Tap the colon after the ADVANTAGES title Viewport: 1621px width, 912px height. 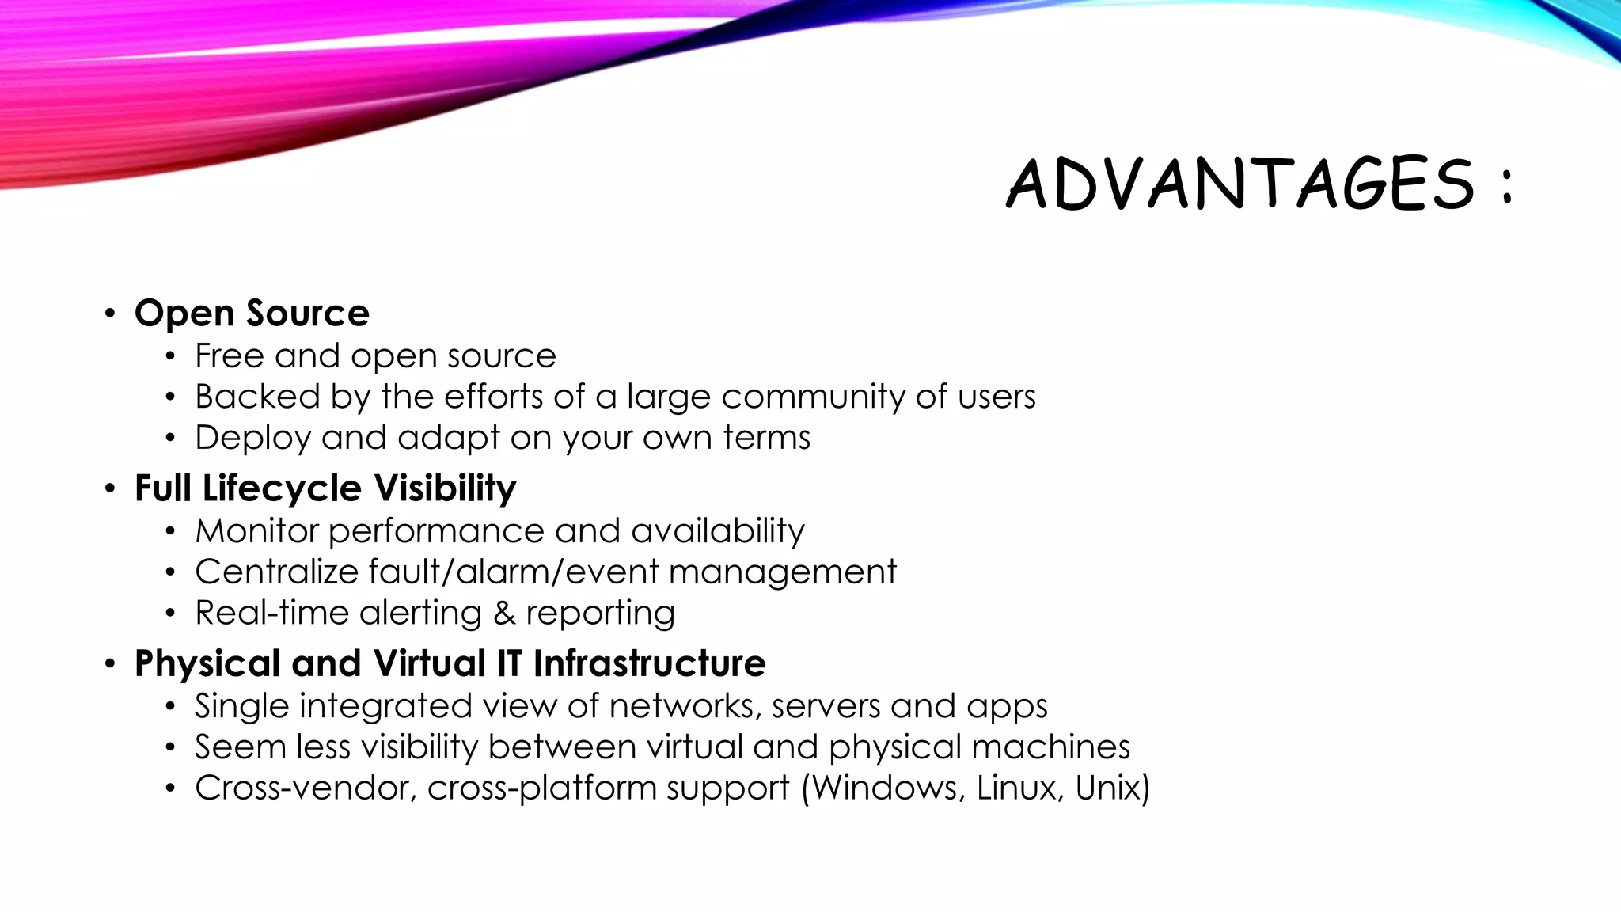pyautogui.click(x=1505, y=186)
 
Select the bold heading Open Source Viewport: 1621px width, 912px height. pyautogui.click(x=252, y=313)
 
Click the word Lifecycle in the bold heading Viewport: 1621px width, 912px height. pyautogui.click(x=282, y=488)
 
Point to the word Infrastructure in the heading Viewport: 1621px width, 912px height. pyautogui.click(x=649, y=663)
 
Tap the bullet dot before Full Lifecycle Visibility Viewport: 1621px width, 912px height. pyautogui.click(x=110, y=488)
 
